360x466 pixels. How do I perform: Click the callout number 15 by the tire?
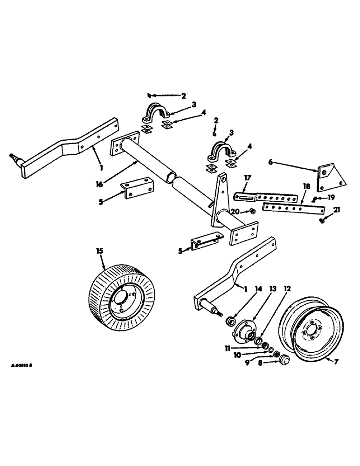point(99,251)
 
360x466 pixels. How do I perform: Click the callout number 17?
point(248,177)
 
